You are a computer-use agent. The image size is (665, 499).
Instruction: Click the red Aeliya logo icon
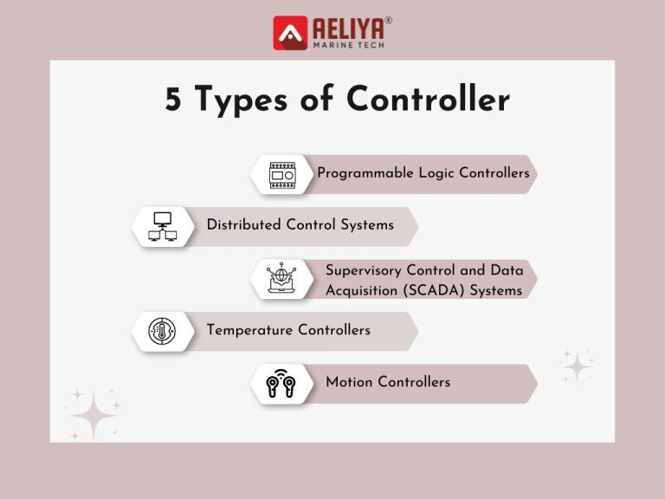click(x=290, y=33)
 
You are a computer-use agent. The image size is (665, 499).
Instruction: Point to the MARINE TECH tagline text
click(x=347, y=44)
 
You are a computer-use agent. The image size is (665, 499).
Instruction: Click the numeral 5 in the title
click(x=175, y=100)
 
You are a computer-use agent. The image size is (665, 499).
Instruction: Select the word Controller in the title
click(x=428, y=100)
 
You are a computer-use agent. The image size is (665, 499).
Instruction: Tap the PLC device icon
click(x=282, y=174)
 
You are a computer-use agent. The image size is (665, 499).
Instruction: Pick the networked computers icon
click(x=162, y=226)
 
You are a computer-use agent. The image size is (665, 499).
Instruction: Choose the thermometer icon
click(x=162, y=331)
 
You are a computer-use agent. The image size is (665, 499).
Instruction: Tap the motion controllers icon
click(x=281, y=383)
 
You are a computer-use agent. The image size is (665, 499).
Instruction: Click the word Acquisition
click(x=362, y=291)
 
